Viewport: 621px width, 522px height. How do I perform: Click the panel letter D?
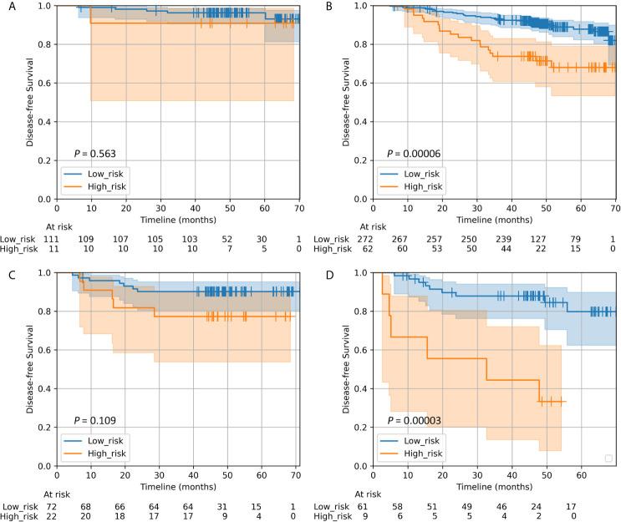[x=316, y=272]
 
